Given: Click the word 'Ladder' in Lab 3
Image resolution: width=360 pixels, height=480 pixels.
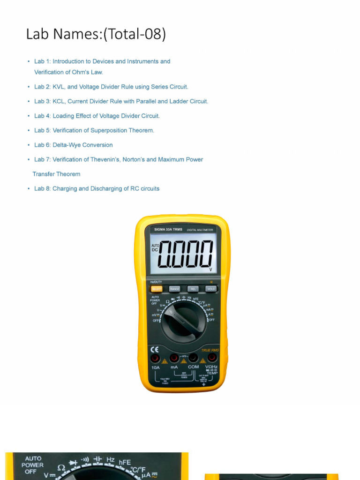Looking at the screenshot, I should pyautogui.click(x=172, y=101).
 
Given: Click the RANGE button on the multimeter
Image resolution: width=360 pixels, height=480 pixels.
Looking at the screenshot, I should pyautogui.click(x=174, y=289).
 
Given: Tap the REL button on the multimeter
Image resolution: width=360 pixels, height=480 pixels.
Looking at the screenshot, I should pyautogui.click(x=193, y=289).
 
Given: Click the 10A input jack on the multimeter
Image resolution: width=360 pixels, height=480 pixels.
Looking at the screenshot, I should pyautogui.click(x=155, y=358).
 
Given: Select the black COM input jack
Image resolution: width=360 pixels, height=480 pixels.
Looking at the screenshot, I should pyautogui.click(x=193, y=358).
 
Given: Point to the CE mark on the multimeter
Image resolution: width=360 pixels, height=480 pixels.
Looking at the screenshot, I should pyautogui.click(x=154, y=349).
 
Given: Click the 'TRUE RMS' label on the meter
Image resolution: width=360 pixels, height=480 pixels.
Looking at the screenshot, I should pyautogui.click(x=210, y=350).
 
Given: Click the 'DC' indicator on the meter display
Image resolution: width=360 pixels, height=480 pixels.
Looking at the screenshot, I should pyautogui.click(x=155, y=250).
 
